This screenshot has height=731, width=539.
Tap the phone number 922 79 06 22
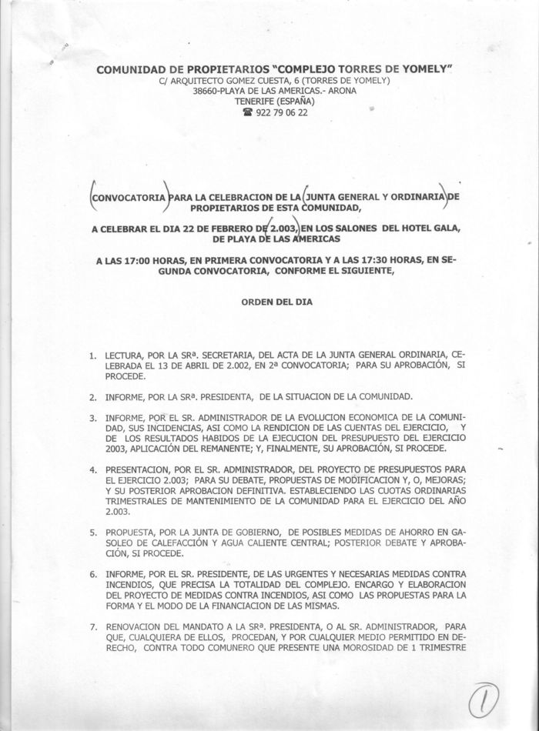[281, 112]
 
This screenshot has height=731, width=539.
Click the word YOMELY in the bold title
[422, 69]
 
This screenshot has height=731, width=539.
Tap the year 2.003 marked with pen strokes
[289, 229]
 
